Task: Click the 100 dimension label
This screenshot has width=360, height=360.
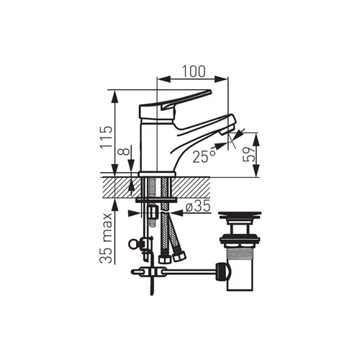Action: point(194,71)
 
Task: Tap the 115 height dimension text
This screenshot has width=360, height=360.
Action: point(107,137)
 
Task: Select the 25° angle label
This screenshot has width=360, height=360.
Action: point(204,157)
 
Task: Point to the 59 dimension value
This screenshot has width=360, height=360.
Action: point(248,155)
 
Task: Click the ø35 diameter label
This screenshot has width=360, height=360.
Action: point(198,207)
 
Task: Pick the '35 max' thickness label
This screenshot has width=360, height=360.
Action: point(106,238)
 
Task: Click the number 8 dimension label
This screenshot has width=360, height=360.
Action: point(125,152)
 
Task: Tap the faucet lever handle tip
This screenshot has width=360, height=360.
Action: point(210,91)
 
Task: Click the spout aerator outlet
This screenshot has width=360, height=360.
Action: point(227,131)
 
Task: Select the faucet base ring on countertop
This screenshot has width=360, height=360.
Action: point(157,174)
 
